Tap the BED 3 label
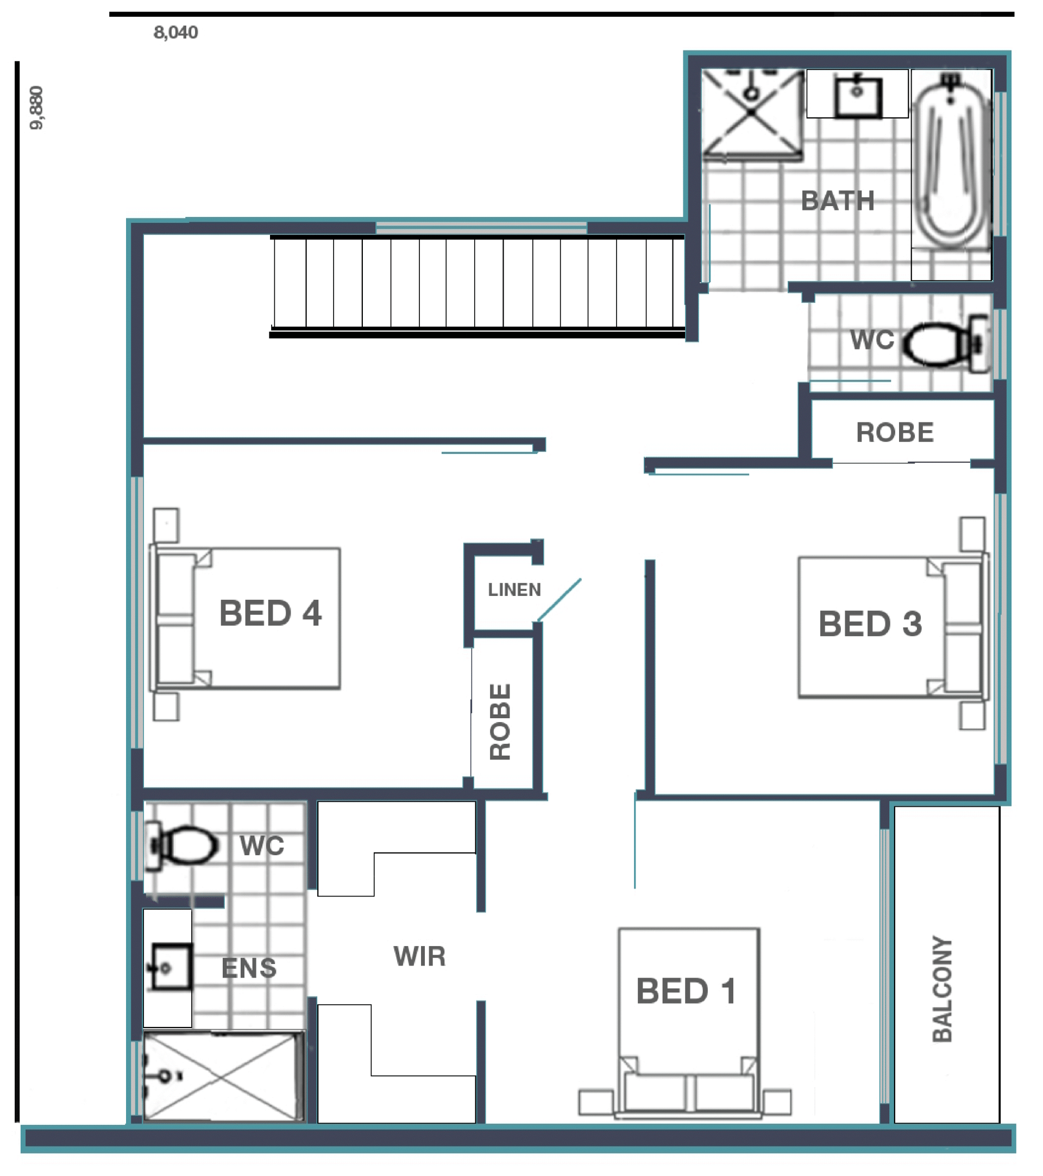(x=870, y=624)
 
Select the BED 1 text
(x=686, y=991)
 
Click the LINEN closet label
(x=514, y=590)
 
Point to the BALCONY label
(x=943, y=989)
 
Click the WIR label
(x=419, y=956)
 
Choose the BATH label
(x=838, y=201)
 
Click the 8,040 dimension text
(x=175, y=32)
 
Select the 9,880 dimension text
(x=36, y=108)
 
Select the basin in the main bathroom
(x=857, y=96)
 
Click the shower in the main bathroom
(x=751, y=115)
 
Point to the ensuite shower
(x=223, y=1077)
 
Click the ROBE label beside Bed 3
(x=895, y=433)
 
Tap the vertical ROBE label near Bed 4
(x=500, y=721)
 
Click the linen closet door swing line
(x=559, y=600)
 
